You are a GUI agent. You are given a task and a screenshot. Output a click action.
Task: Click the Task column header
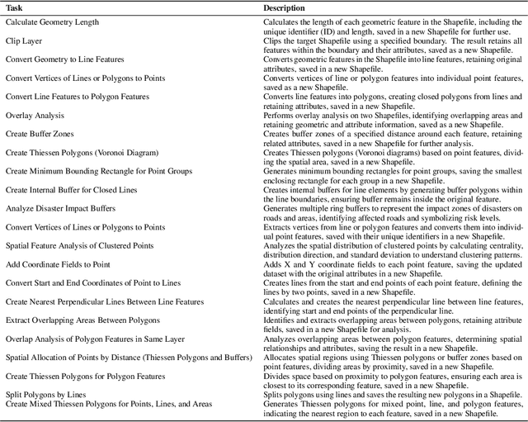(x=15, y=7)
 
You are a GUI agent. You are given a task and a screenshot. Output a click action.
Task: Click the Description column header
(x=284, y=7)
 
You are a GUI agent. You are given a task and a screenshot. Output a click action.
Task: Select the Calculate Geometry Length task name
(x=54, y=22)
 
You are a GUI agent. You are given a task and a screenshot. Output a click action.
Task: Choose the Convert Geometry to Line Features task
(x=65, y=59)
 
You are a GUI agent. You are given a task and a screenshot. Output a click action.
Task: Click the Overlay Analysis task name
(x=35, y=115)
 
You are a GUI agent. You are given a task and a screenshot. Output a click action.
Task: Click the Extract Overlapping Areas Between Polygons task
(x=82, y=320)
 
